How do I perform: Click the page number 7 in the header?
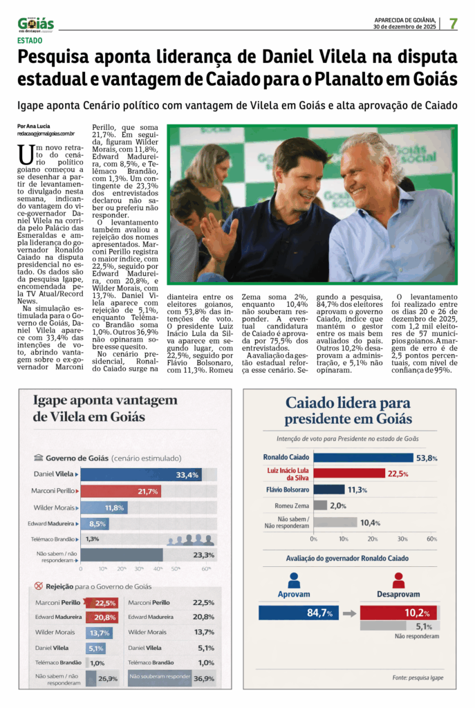point(454,23)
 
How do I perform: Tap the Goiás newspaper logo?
point(36,24)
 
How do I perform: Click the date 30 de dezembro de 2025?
point(404,27)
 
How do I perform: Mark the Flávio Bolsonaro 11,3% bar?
point(329,490)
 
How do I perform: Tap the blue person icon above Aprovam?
point(294,580)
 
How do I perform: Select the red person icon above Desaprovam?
point(398,580)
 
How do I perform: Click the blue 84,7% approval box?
point(297,613)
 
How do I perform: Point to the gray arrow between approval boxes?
point(349,613)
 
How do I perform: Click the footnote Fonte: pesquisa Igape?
point(417,677)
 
